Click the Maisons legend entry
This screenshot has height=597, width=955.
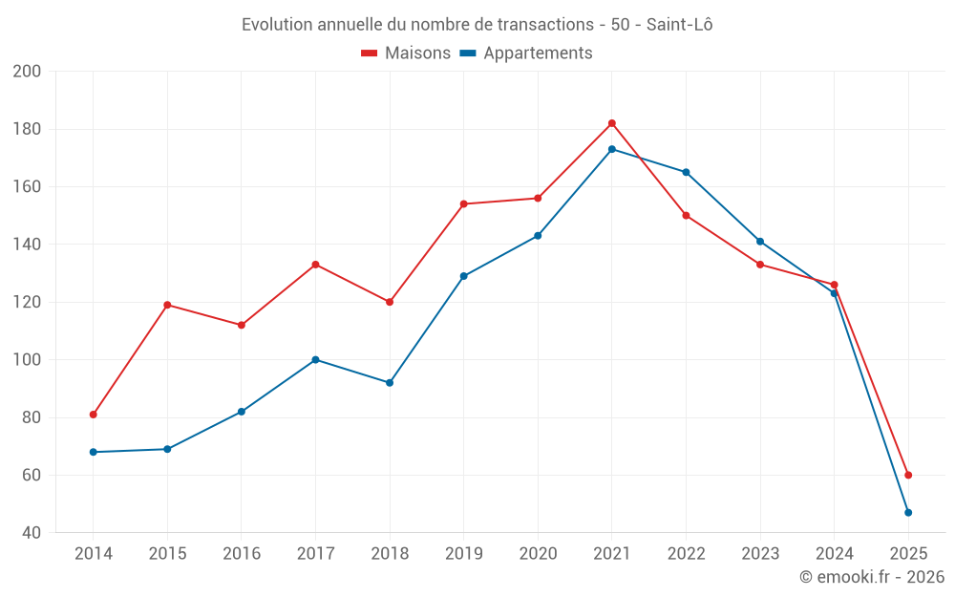pos(406,53)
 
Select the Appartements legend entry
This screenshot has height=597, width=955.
pos(526,53)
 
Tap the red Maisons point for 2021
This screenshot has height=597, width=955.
pos(612,123)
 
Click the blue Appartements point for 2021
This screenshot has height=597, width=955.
pos(612,149)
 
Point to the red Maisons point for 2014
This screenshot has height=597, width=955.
pos(94,415)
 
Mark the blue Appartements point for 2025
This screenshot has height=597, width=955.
pos(908,513)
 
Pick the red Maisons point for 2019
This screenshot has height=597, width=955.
pos(464,203)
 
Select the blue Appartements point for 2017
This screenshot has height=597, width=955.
pos(315,360)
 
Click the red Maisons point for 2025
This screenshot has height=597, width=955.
pos(908,475)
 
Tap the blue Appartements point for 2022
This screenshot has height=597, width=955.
pos(686,172)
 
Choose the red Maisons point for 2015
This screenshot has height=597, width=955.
pos(167,305)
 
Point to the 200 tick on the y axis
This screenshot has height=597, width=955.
pos(27,72)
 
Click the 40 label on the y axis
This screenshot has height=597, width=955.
pos(31,533)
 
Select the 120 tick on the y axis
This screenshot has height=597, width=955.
pos(27,302)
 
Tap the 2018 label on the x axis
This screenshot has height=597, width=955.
pos(390,554)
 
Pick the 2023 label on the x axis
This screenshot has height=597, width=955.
pos(760,554)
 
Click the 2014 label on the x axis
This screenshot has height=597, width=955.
pos(94,554)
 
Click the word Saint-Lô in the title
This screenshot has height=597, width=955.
pos(679,25)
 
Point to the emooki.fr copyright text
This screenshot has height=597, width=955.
pos(872,577)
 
